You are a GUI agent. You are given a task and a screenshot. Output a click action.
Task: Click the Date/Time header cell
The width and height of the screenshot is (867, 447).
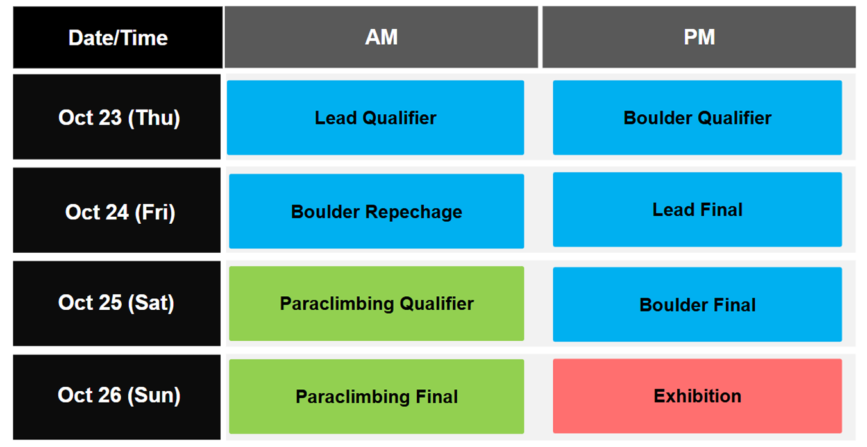coord(117,37)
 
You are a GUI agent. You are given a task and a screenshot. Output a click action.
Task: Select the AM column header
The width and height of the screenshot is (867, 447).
coord(382,37)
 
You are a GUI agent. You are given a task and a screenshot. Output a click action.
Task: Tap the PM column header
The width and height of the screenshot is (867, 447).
coord(699,37)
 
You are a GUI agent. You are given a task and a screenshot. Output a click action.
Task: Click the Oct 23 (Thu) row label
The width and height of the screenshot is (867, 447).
coord(117,117)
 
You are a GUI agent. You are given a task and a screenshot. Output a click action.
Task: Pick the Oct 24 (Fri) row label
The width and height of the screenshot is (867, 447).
coord(117,210)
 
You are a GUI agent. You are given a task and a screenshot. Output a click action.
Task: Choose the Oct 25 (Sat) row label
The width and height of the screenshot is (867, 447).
coord(117,303)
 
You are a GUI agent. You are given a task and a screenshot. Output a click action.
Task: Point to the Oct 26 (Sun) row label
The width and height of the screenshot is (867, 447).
coord(117,397)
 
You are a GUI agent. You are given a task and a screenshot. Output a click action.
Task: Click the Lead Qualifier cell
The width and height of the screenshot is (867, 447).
coord(375,117)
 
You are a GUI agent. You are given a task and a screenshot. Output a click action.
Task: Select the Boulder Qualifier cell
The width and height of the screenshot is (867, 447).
coord(698,117)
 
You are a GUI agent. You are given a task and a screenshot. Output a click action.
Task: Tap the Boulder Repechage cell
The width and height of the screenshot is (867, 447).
coord(376,211)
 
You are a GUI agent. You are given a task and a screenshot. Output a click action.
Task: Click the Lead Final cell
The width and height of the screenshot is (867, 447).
coord(698,209)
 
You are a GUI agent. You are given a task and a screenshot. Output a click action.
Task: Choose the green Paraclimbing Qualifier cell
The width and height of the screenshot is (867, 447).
coord(376,303)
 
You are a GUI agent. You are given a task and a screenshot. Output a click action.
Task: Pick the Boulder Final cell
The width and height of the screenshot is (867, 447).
coord(698,304)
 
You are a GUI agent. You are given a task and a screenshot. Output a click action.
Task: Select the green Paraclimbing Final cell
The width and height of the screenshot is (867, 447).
coord(376,397)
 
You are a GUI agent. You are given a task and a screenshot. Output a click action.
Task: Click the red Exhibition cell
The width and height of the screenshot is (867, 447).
coord(698,396)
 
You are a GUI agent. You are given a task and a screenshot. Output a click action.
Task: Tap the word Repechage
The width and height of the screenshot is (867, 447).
coord(414,212)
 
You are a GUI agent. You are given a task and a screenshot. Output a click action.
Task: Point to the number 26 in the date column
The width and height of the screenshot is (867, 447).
coord(110,395)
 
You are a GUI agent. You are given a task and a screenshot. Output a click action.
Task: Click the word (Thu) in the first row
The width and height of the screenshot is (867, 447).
coord(154,118)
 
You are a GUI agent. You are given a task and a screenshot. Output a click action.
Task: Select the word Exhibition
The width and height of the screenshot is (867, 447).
coord(698,396)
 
